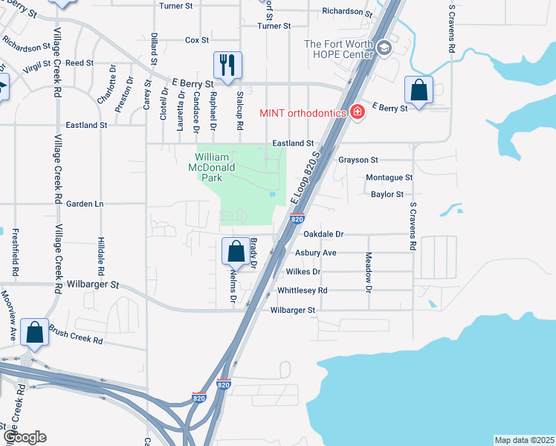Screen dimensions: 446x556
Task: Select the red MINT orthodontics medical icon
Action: (358, 112)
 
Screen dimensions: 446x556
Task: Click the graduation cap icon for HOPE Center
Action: (384, 49)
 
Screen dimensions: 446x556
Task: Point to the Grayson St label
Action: (358, 160)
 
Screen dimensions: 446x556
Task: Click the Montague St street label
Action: (389, 178)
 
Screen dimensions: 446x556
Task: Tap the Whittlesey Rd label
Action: (302, 291)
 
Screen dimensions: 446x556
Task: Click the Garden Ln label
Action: (84, 203)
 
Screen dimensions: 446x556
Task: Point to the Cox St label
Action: (197, 40)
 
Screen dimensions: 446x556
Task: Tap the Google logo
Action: (24, 437)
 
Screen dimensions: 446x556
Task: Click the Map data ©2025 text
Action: (524, 440)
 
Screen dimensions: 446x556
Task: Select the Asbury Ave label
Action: (316, 253)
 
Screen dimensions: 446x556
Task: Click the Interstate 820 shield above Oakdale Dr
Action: (297, 219)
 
